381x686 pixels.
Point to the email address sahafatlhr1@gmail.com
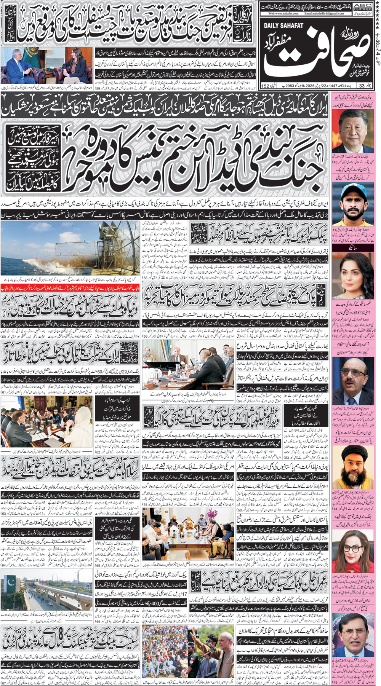pyautogui.click(x=324, y=13)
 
